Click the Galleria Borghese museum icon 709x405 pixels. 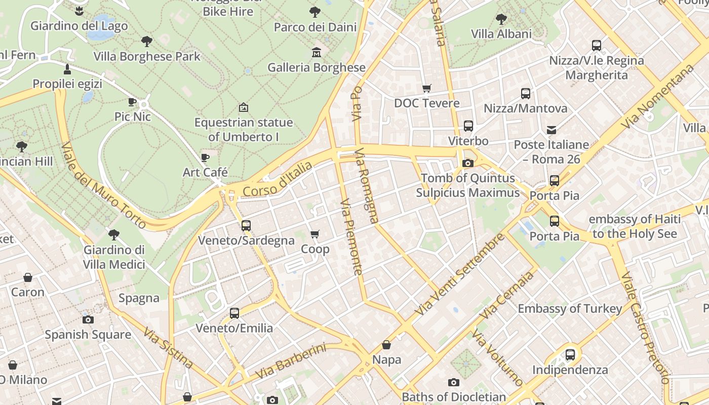(x=317, y=52)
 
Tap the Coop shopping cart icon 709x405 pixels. (x=315, y=234)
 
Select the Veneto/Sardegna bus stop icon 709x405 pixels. (x=246, y=225)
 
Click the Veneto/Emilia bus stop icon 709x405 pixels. (x=234, y=313)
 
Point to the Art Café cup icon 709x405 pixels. (x=205, y=157)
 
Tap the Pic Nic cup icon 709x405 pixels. (x=132, y=102)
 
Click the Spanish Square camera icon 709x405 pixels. (x=88, y=319)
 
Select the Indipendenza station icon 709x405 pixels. (x=570, y=354)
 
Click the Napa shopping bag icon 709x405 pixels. (x=386, y=345)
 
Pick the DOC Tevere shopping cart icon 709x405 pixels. (x=427, y=88)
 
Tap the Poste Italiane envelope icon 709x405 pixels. (x=552, y=130)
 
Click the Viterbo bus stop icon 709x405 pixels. (x=468, y=126)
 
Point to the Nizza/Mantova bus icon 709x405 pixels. (x=526, y=94)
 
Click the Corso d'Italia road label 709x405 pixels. (x=277, y=180)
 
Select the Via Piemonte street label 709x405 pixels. (x=352, y=236)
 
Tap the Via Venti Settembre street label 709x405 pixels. (x=459, y=274)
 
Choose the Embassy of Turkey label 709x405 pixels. (x=570, y=308)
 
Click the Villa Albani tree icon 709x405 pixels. (x=501, y=19)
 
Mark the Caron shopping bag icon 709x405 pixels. (x=28, y=277)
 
